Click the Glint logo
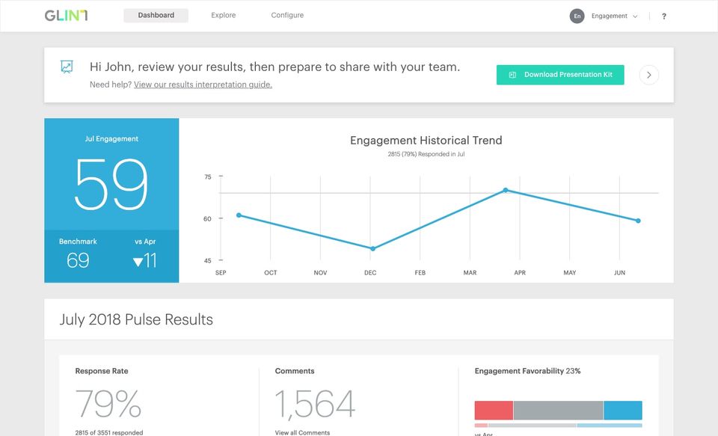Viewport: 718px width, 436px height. pyautogui.click(x=66, y=16)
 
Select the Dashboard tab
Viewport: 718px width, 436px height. pyautogui.click(x=156, y=16)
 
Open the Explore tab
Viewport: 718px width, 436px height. pyautogui.click(x=223, y=16)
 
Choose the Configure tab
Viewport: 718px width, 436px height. pyautogui.click(x=287, y=16)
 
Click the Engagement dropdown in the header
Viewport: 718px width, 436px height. pyautogui.click(x=614, y=16)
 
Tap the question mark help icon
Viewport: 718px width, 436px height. pyautogui.click(x=664, y=16)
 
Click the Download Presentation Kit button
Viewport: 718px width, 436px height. pyautogui.click(x=560, y=75)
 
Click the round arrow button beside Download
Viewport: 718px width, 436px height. pyautogui.click(x=649, y=75)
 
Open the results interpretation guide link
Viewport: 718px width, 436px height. pyautogui.click(x=203, y=85)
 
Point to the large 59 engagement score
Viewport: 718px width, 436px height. pyautogui.click(x=111, y=185)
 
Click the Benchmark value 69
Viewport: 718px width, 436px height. pyautogui.click(x=78, y=260)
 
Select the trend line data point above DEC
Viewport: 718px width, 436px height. pyautogui.click(x=372, y=248)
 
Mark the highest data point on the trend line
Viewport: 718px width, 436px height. pyautogui.click(x=506, y=190)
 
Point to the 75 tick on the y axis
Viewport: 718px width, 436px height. pyautogui.click(x=208, y=177)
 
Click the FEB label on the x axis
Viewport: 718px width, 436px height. pyautogui.click(x=420, y=273)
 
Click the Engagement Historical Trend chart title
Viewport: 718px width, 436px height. pyautogui.click(x=426, y=141)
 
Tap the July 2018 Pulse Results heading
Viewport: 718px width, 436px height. pyautogui.click(x=136, y=319)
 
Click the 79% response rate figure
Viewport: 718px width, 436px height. pyautogui.click(x=108, y=404)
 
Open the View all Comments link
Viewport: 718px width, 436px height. pyautogui.click(x=302, y=432)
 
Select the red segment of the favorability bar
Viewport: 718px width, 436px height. pyautogui.click(x=494, y=411)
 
